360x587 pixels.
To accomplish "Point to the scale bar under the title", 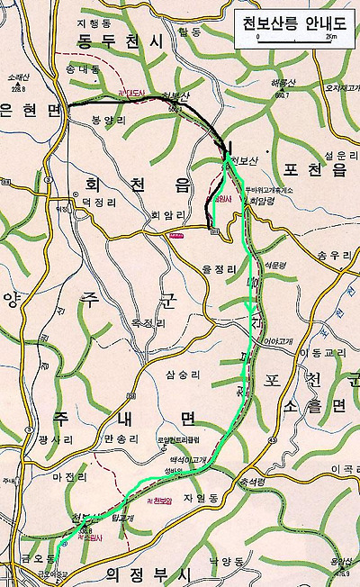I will click(x=294, y=39).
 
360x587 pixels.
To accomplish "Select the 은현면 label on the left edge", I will click(x=29, y=109).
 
